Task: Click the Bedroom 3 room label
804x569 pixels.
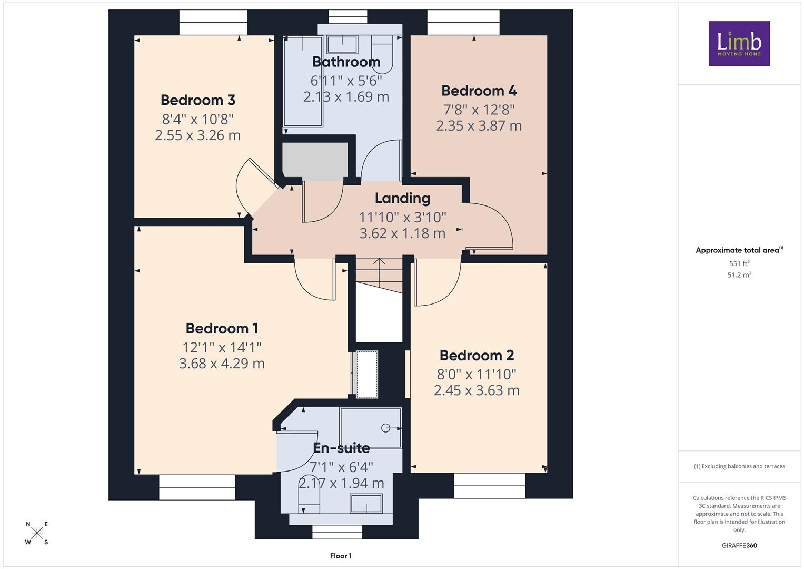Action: pyautogui.click(x=198, y=100)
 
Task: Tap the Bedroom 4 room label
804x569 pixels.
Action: pyautogui.click(x=479, y=91)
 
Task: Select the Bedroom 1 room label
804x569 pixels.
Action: pyautogui.click(x=222, y=328)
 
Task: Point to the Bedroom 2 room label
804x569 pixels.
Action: pyautogui.click(x=477, y=355)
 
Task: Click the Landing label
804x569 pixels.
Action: pyautogui.click(x=402, y=199)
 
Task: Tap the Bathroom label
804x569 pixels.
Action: pyautogui.click(x=346, y=62)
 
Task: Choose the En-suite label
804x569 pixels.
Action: pyautogui.click(x=341, y=448)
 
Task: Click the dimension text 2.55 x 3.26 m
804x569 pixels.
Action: pyautogui.click(x=198, y=135)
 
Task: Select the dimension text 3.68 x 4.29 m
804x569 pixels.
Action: pyautogui.click(x=222, y=364)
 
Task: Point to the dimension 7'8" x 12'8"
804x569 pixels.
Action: pyautogui.click(x=479, y=109)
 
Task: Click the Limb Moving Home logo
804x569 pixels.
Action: pyautogui.click(x=739, y=43)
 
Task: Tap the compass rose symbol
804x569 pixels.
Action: pyautogui.click(x=37, y=533)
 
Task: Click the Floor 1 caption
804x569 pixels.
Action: pyautogui.click(x=341, y=556)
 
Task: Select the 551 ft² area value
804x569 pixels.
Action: pyautogui.click(x=739, y=263)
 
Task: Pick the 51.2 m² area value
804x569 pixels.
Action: pyautogui.click(x=739, y=275)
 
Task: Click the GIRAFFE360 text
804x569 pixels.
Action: pyautogui.click(x=739, y=545)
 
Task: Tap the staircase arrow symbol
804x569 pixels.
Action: pyautogui.click(x=379, y=272)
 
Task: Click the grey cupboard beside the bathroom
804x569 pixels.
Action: pyautogui.click(x=315, y=161)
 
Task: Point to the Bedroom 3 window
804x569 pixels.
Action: pyautogui.click(x=213, y=22)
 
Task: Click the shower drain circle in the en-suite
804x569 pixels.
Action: pyautogui.click(x=385, y=428)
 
